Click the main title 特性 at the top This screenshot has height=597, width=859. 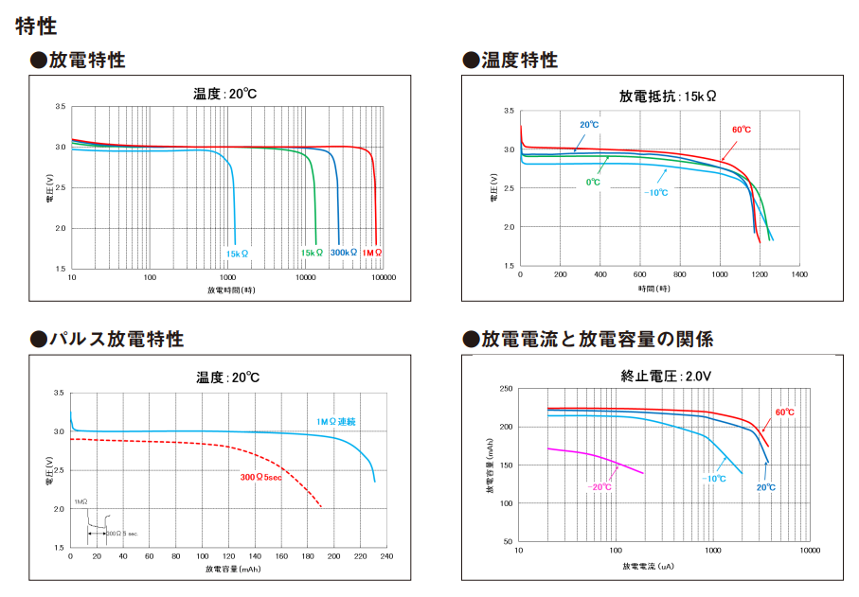click(36, 26)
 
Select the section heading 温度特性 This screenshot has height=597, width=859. click(518, 61)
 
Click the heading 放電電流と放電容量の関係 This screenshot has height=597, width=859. click(596, 339)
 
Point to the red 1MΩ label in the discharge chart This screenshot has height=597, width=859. click(372, 254)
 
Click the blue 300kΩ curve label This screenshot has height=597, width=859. click(344, 254)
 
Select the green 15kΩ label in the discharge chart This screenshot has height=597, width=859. click(312, 254)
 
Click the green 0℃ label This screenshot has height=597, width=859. click(593, 182)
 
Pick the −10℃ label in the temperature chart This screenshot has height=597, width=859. click(655, 194)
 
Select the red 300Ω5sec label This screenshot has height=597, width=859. click(261, 478)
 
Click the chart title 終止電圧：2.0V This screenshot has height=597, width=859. click(666, 376)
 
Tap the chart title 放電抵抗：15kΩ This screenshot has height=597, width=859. click(667, 97)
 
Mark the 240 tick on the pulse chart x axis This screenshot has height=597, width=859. click(385, 556)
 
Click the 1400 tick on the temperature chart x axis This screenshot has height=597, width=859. click(798, 273)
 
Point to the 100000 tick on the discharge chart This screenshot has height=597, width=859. click(384, 277)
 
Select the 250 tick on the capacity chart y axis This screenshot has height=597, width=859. click(506, 389)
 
